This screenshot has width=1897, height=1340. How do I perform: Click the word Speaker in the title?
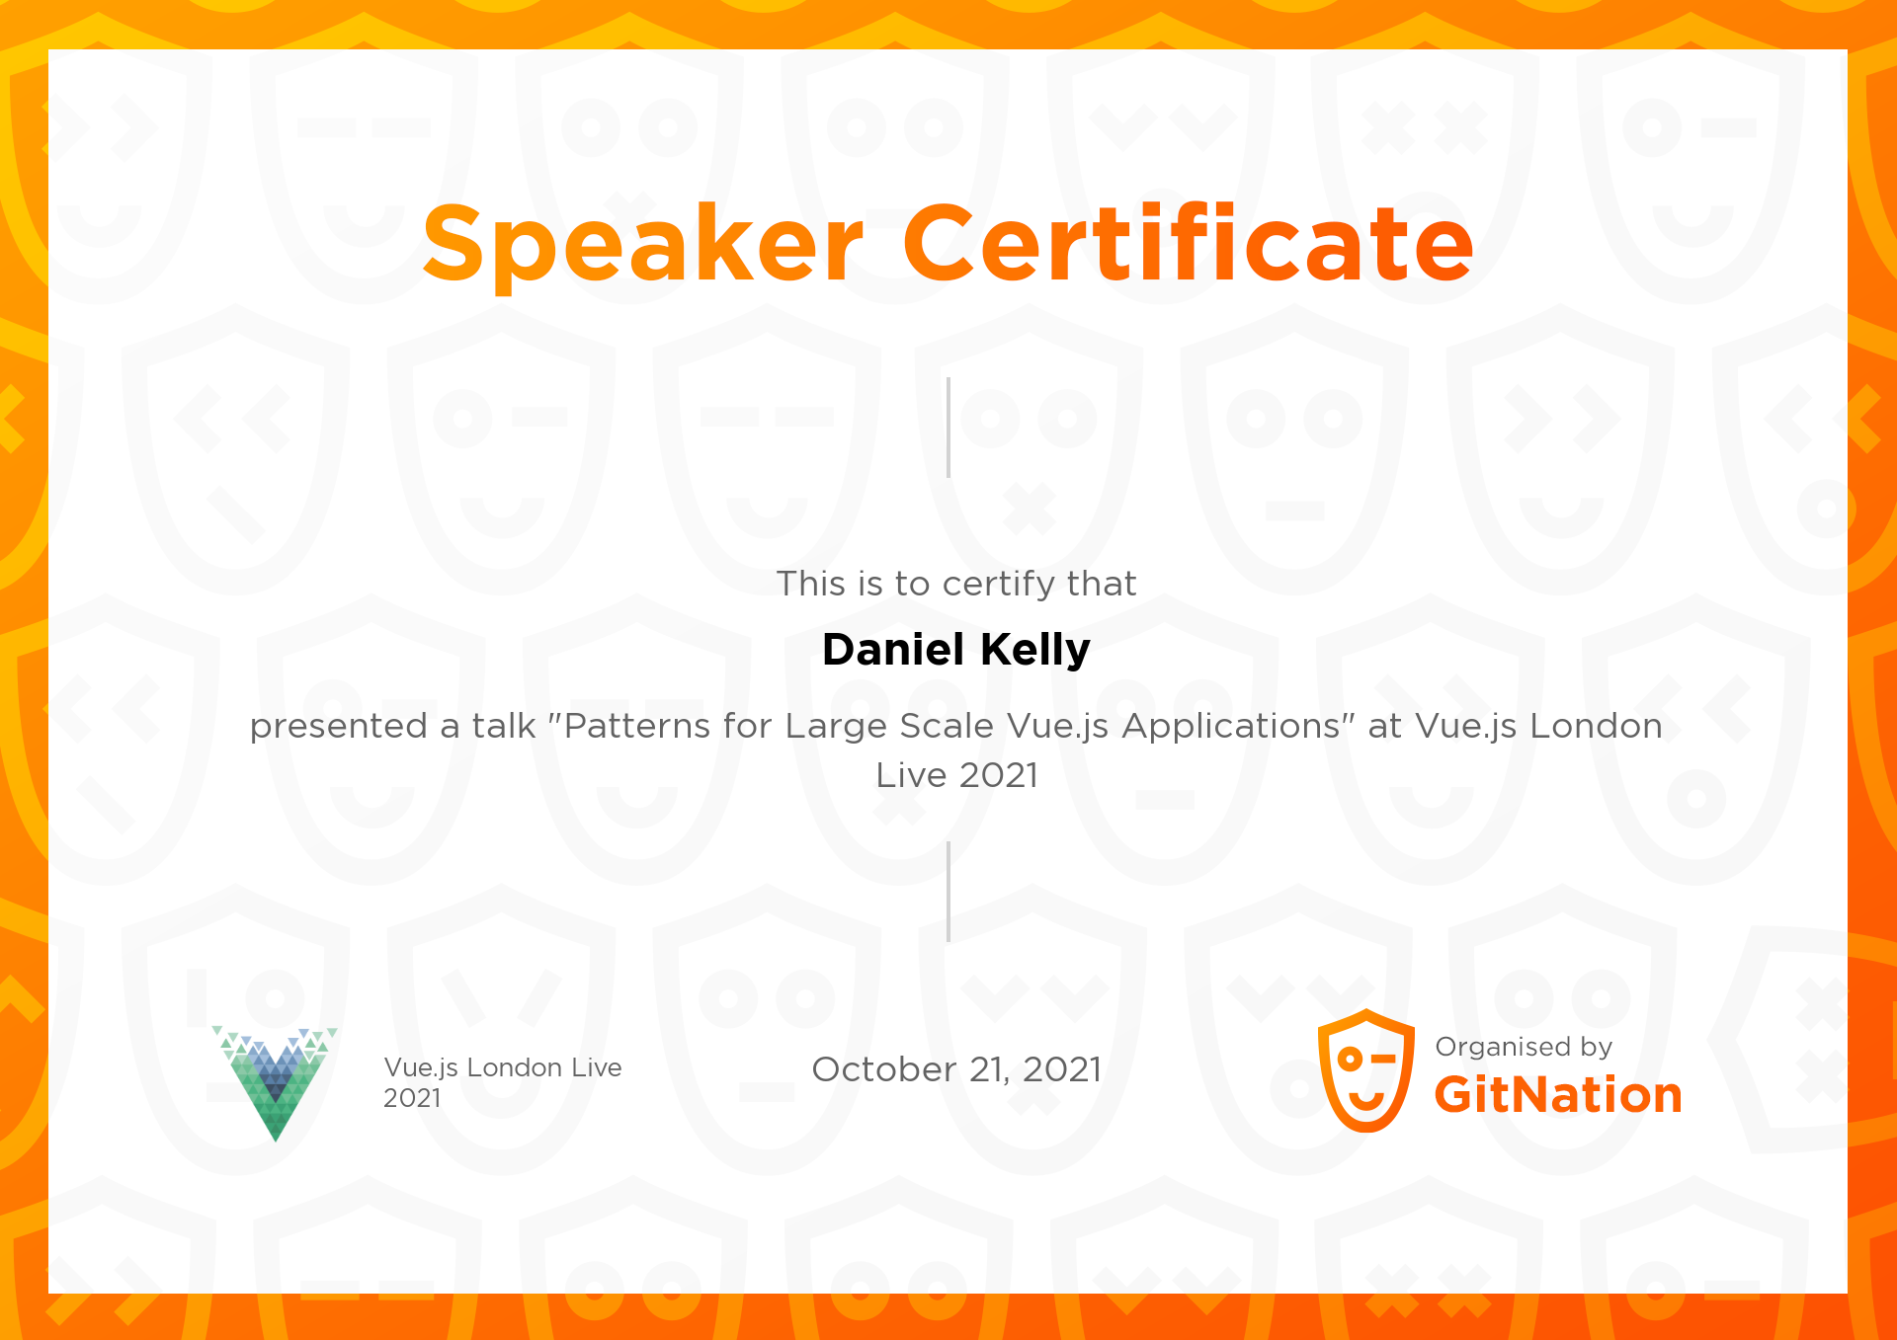pos(643,243)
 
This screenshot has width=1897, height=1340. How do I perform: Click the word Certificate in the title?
pos(1189,241)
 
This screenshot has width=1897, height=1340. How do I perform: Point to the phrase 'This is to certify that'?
pos(956,584)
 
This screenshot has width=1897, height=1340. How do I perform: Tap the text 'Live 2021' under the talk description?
pos(956,775)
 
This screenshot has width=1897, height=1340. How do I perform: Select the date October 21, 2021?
pos(956,1069)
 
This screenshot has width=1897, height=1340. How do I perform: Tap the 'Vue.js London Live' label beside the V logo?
pos(503,1067)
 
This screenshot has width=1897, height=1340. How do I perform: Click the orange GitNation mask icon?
pos(1366,1070)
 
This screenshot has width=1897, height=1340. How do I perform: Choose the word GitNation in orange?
pos(1558,1095)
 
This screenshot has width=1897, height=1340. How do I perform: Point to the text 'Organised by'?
pos(1524,1047)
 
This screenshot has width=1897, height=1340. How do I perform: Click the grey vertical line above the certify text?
pos(948,428)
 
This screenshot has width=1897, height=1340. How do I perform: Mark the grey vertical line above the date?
pos(948,892)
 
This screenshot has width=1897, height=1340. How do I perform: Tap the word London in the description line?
pos(1596,726)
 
